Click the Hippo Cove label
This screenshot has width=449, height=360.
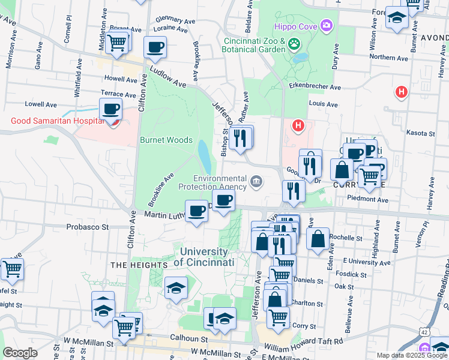coord(294,26)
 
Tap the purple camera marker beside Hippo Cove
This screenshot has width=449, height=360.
coord(326,25)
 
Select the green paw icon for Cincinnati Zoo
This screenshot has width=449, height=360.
coord(294,43)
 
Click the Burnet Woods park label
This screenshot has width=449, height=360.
coord(166,140)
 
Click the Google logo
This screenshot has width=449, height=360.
coord(20,353)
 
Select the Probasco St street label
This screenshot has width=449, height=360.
coord(88,227)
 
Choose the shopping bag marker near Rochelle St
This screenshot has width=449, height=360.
coord(318,239)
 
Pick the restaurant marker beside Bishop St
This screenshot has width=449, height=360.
coord(240,138)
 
